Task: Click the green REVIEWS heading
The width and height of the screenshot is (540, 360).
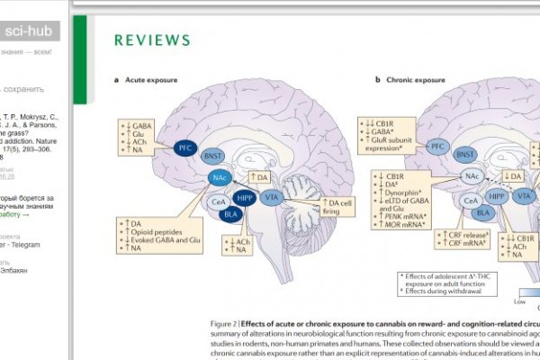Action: tap(152, 40)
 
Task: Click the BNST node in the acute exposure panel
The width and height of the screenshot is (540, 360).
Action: tap(213, 155)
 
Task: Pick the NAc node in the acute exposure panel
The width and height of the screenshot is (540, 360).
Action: tap(219, 178)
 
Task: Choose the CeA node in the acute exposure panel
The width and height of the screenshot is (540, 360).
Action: tap(217, 202)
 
